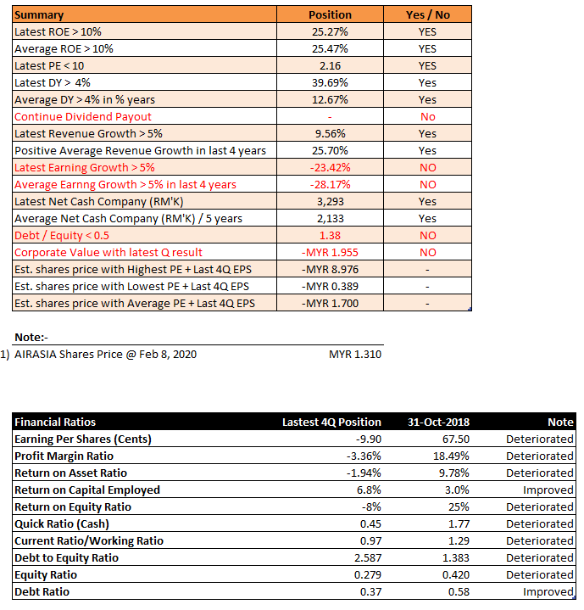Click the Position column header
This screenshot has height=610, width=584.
tap(330, 14)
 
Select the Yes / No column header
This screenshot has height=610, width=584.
tap(427, 14)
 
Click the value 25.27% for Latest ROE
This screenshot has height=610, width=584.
tap(330, 32)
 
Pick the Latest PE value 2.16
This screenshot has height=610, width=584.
tap(330, 65)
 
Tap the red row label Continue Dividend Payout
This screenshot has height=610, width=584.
tap(83, 117)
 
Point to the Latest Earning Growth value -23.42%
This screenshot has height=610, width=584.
tap(330, 168)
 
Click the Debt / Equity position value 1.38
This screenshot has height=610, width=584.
tap(330, 235)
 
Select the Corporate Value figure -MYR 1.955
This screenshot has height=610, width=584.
tap(330, 253)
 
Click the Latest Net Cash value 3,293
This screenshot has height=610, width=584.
tap(331, 202)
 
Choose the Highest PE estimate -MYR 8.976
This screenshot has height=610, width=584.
tap(330, 269)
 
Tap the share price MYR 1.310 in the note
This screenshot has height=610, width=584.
tap(355, 355)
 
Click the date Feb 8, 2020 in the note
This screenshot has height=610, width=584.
tap(168, 355)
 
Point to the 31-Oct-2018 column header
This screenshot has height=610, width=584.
tap(438, 423)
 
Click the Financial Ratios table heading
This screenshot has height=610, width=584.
tap(55, 423)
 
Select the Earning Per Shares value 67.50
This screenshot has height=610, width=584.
tap(456, 439)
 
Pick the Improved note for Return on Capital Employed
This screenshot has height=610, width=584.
tap(548, 490)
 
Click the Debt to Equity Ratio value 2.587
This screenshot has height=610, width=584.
tap(368, 558)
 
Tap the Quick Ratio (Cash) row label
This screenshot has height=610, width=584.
tap(62, 524)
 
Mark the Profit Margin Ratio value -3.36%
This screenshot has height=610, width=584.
tap(364, 456)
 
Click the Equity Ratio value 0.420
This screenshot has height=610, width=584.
tap(456, 575)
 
